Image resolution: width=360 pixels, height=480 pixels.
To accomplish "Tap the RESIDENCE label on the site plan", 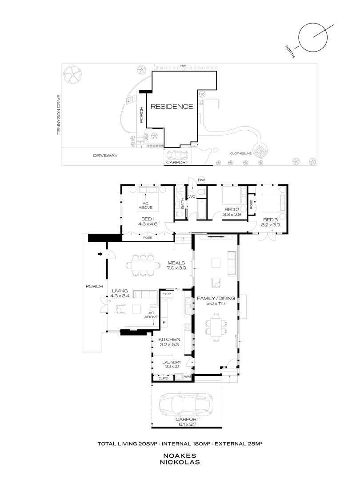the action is (172, 107).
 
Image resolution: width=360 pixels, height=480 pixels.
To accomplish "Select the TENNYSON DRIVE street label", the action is (59, 115).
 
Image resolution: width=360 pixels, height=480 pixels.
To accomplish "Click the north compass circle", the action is (313, 37).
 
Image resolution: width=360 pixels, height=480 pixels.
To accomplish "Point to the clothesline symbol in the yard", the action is (260, 151).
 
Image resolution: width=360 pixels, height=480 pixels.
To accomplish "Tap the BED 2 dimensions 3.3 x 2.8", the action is (232, 215).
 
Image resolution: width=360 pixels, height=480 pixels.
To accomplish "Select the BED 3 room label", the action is (270, 220).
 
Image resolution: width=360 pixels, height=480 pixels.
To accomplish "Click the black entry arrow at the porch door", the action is (100, 254).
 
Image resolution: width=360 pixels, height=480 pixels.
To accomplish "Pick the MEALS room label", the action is (176, 263).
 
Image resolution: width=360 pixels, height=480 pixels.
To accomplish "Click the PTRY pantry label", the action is (166, 294).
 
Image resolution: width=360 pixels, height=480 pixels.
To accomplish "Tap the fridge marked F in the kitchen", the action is (164, 322).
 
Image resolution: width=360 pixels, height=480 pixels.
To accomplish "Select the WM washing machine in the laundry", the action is (188, 376).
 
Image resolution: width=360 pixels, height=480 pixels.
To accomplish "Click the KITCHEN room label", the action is (169, 340).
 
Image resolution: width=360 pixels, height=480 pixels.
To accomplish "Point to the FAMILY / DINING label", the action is (216, 298).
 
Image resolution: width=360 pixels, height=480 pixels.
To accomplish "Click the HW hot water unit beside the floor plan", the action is (201, 180).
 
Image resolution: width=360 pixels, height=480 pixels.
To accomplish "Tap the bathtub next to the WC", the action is (201, 209).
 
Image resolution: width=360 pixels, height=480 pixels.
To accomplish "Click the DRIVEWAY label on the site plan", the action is (105, 156).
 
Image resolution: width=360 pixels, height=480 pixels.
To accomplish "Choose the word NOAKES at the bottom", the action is (180, 456).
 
